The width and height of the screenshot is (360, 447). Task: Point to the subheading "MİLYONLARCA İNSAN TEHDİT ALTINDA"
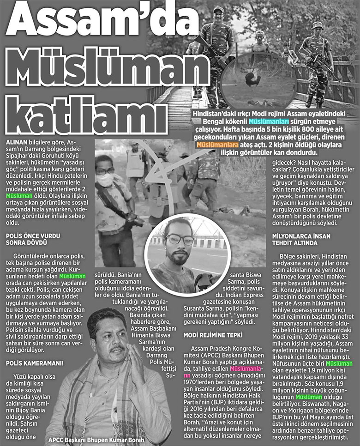pyautogui.click(x=305, y=239)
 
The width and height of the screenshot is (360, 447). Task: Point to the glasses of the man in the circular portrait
pyautogui.click(x=180, y=240)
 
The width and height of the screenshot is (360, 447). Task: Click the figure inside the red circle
pyautogui.click(x=254, y=80)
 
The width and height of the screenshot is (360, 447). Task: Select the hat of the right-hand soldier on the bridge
pyautogui.click(x=317, y=25)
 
